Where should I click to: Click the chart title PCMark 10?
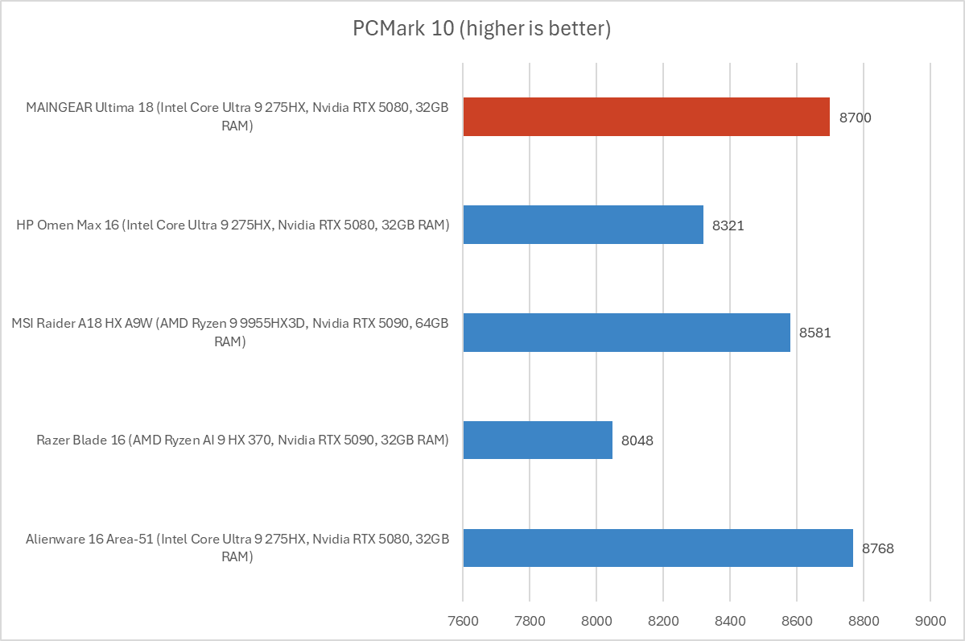(482, 30)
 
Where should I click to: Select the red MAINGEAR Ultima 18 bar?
(646, 117)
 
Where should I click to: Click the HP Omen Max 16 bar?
(583, 225)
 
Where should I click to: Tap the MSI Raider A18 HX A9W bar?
(626, 333)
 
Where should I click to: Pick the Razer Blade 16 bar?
(538, 440)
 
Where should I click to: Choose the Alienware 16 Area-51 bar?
(658, 548)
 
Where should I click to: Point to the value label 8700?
(855, 118)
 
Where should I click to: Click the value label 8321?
(728, 225)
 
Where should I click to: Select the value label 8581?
(814, 333)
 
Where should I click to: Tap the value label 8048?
(637, 440)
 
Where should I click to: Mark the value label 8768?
(878, 548)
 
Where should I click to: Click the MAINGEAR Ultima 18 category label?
(237, 117)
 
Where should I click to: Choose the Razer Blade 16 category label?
(242, 440)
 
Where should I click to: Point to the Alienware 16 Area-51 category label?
(237, 548)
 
